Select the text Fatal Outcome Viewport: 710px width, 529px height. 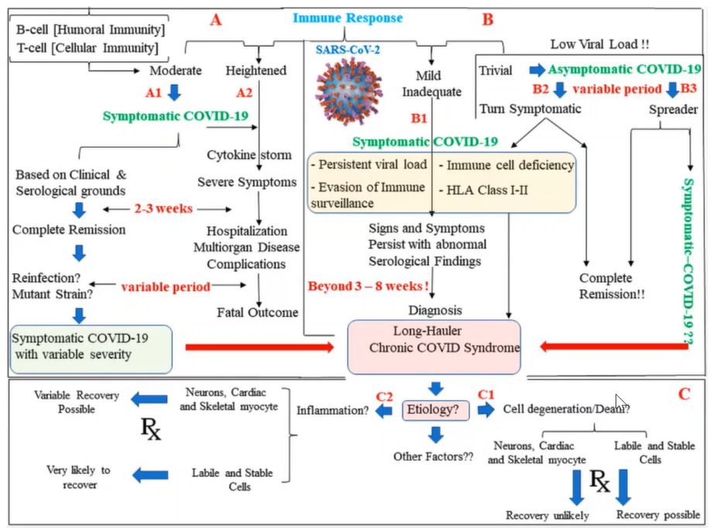point(257,313)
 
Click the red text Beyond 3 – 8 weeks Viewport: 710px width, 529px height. point(369,285)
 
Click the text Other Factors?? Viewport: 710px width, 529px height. point(433,456)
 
